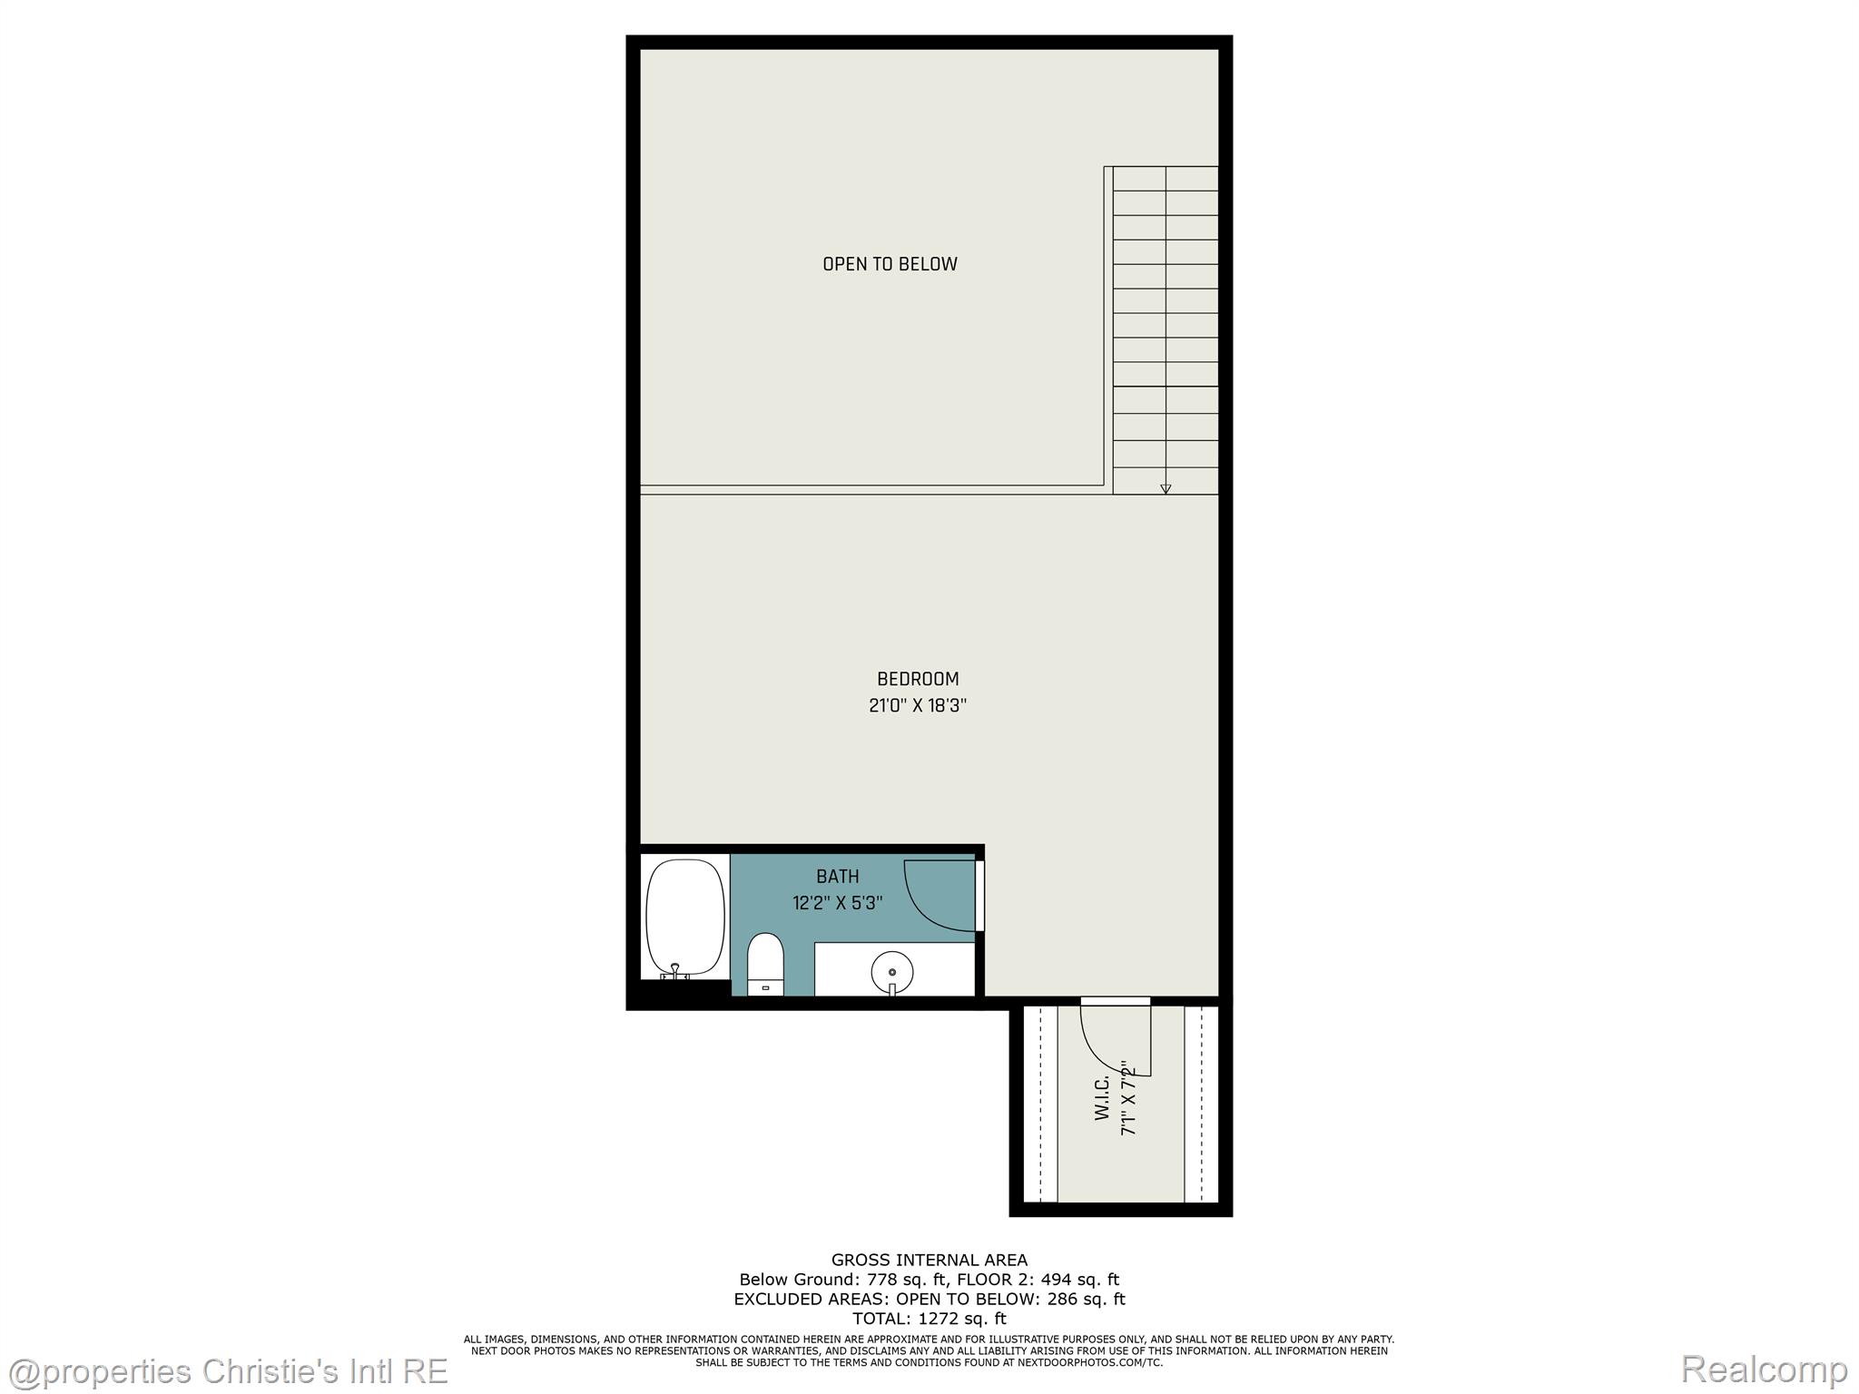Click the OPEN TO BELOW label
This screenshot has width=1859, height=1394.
pos(890,264)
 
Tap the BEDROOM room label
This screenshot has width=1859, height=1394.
pos(918,679)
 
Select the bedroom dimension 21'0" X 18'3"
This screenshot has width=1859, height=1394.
pos(918,705)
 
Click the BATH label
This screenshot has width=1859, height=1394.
pos(837,877)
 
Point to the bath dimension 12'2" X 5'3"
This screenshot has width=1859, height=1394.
pos(837,903)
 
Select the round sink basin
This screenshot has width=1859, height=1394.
pos(891,971)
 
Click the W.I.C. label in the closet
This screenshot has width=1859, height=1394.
pos(1103,1098)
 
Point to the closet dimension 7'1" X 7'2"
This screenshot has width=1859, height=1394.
pos(1128,1098)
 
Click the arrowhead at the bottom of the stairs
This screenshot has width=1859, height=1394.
pos(1166,489)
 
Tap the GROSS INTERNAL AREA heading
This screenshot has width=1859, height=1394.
pos(929,1260)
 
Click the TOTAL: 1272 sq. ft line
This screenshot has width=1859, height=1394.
pos(929,1319)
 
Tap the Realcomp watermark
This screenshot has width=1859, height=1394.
pos(1764,1369)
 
